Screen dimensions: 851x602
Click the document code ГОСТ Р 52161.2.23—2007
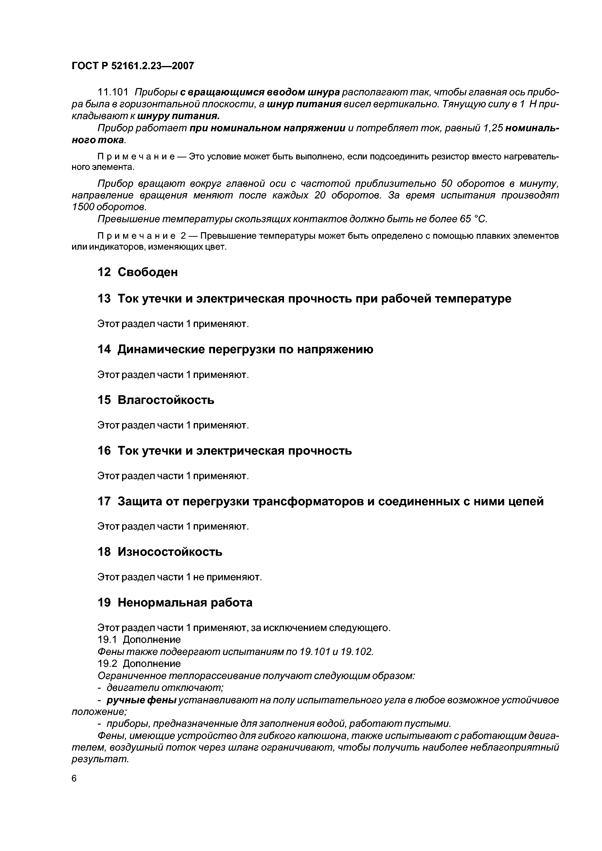point(133,66)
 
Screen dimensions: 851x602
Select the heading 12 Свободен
point(137,272)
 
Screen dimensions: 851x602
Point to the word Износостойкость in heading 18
point(170,552)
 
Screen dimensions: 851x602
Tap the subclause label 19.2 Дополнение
point(139,663)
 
